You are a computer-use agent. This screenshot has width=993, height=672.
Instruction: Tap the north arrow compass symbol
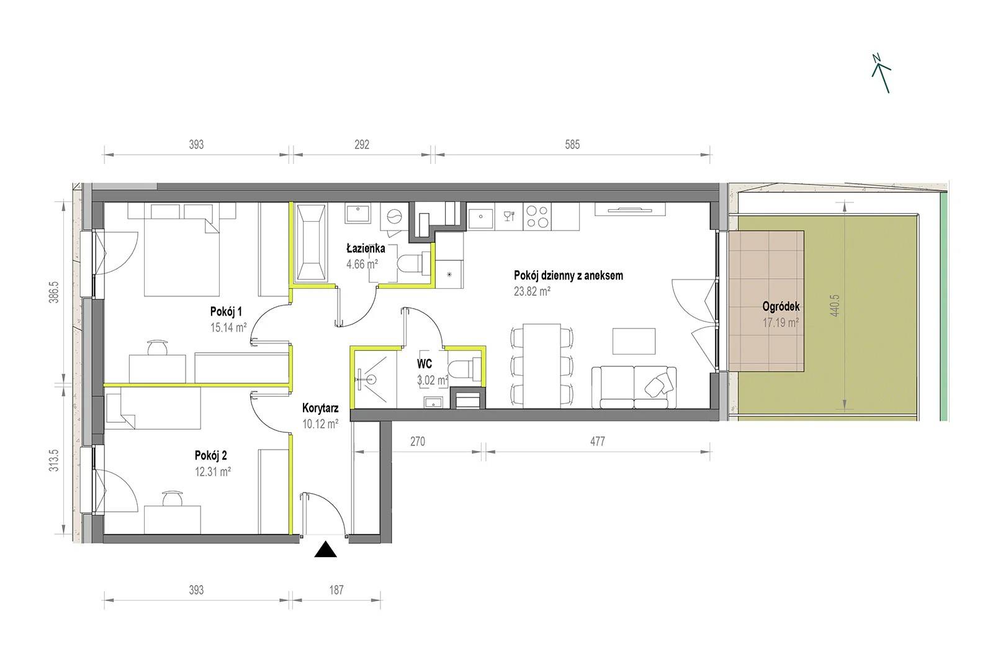881,74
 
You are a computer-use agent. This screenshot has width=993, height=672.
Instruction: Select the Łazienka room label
366,248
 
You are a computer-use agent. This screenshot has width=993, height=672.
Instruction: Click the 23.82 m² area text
532,291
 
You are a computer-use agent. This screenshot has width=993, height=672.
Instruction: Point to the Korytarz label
320,408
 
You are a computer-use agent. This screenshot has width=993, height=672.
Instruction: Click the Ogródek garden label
781,306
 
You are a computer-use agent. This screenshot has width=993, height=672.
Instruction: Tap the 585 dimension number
572,145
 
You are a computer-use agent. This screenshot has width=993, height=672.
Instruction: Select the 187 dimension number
336,590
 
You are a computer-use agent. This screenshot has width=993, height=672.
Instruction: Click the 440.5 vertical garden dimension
835,306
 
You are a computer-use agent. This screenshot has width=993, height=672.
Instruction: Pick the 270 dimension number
418,442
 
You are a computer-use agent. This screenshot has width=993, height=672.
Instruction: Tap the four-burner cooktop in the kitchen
537,217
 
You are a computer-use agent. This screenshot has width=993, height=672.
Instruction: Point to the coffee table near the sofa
634,341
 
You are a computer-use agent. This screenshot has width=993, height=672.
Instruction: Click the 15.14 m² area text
228,328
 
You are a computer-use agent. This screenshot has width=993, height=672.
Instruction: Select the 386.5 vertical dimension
53,292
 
